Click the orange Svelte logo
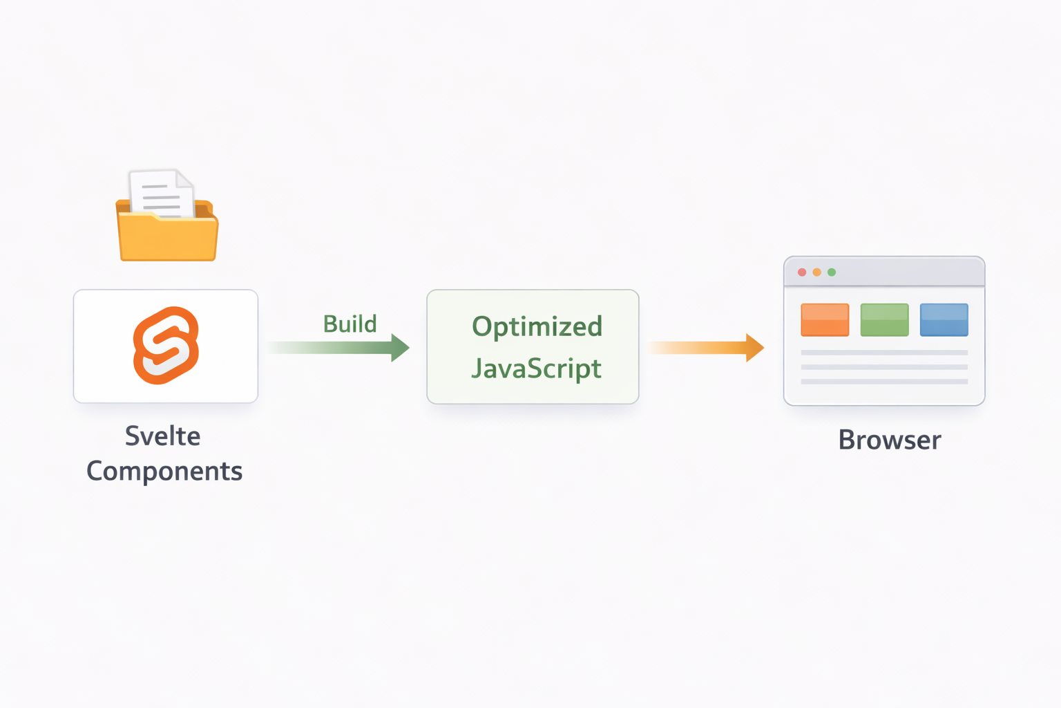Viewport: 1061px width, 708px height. (166, 345)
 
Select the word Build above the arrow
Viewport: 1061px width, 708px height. (350, 324)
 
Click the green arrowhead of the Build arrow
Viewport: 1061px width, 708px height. (399, 347)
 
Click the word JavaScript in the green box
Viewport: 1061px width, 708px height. (536, 369)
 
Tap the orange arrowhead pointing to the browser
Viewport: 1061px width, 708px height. (754, 347)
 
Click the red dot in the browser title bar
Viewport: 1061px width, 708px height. (802, 272)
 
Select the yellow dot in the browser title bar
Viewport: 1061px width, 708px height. (816, 272)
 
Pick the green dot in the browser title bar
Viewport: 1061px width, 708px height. (832, 272)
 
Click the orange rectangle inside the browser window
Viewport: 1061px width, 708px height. (825, 320)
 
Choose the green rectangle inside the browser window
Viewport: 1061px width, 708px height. (884, 320)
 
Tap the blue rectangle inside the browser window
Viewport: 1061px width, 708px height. (944, 320)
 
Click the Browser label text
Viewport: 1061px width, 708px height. (890, 440)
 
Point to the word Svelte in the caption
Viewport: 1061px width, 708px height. (163, 436)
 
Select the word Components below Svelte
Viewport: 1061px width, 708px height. (164, 472)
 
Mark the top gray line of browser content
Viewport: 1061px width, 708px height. (884, 353)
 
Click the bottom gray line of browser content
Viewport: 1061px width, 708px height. (884, 382)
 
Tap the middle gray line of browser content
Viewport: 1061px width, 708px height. (884, 367)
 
